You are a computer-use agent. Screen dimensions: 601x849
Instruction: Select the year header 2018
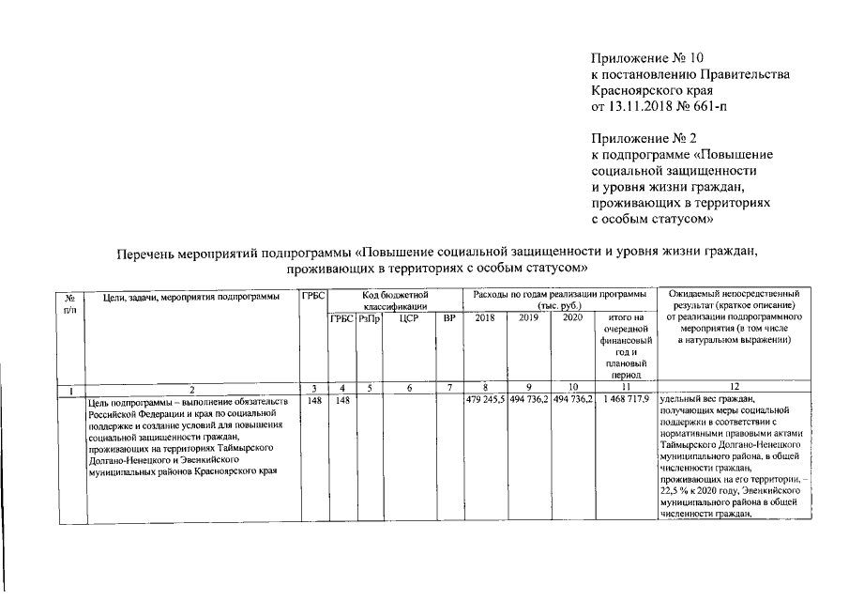(x=486, y=319)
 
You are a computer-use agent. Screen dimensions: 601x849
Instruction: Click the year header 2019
(x=529, y=319)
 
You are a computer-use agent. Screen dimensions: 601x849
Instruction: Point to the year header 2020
(x=572, y=319)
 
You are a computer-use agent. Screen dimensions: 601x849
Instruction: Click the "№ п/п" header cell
(x=69, y=302)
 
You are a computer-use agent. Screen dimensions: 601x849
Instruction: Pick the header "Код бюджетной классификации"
(x=395, y=300)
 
